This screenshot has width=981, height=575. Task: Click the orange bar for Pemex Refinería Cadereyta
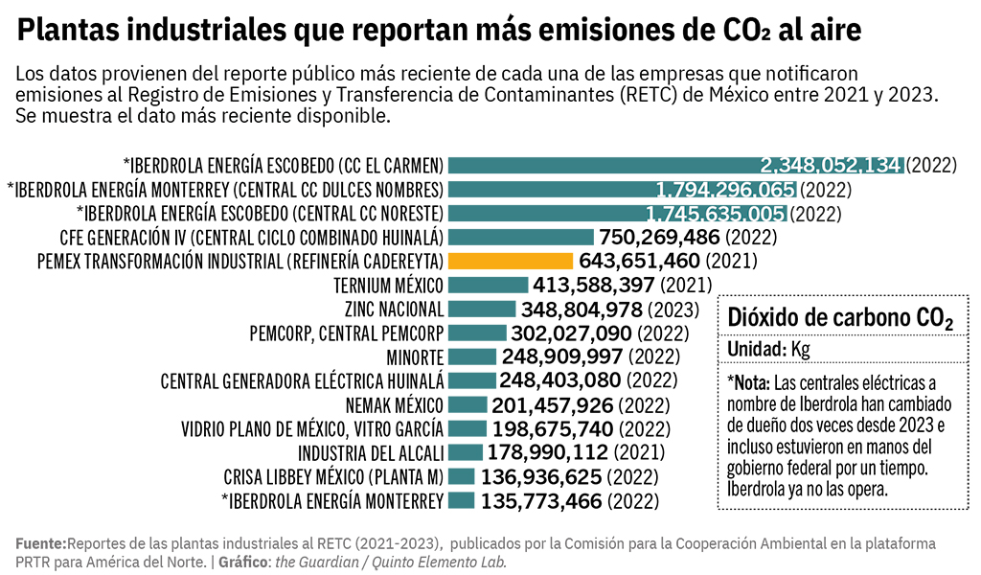(511, 261)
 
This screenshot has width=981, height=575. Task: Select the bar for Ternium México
(488, 285)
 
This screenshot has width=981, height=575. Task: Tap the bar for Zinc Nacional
(481, 309)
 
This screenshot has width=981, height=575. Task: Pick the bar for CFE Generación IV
(521, 237)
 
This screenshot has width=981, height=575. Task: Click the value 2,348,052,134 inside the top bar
(831, 164)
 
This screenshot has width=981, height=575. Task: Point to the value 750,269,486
(659, 237)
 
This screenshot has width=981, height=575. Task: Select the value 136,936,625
(541, 476)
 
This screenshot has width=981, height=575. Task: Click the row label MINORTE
(415, 356)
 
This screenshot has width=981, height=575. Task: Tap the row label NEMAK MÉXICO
(395, 404)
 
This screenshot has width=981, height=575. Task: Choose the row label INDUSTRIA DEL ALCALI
(371, 452)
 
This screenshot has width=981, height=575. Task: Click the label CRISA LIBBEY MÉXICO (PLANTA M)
(333, 476)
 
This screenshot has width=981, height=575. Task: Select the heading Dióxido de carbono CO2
(840, 318)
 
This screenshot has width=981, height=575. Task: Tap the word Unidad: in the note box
(756, 349)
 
